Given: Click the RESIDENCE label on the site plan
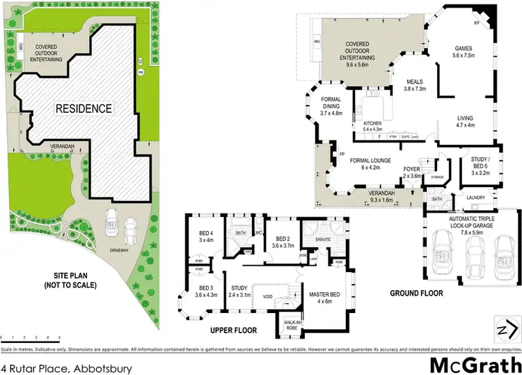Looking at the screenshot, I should tap(84, 109).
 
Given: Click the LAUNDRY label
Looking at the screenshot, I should tap(476, 197).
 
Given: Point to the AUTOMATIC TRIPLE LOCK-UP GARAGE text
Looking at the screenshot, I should tap(462, 223).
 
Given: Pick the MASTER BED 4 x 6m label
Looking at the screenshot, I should tap(325, 296).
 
